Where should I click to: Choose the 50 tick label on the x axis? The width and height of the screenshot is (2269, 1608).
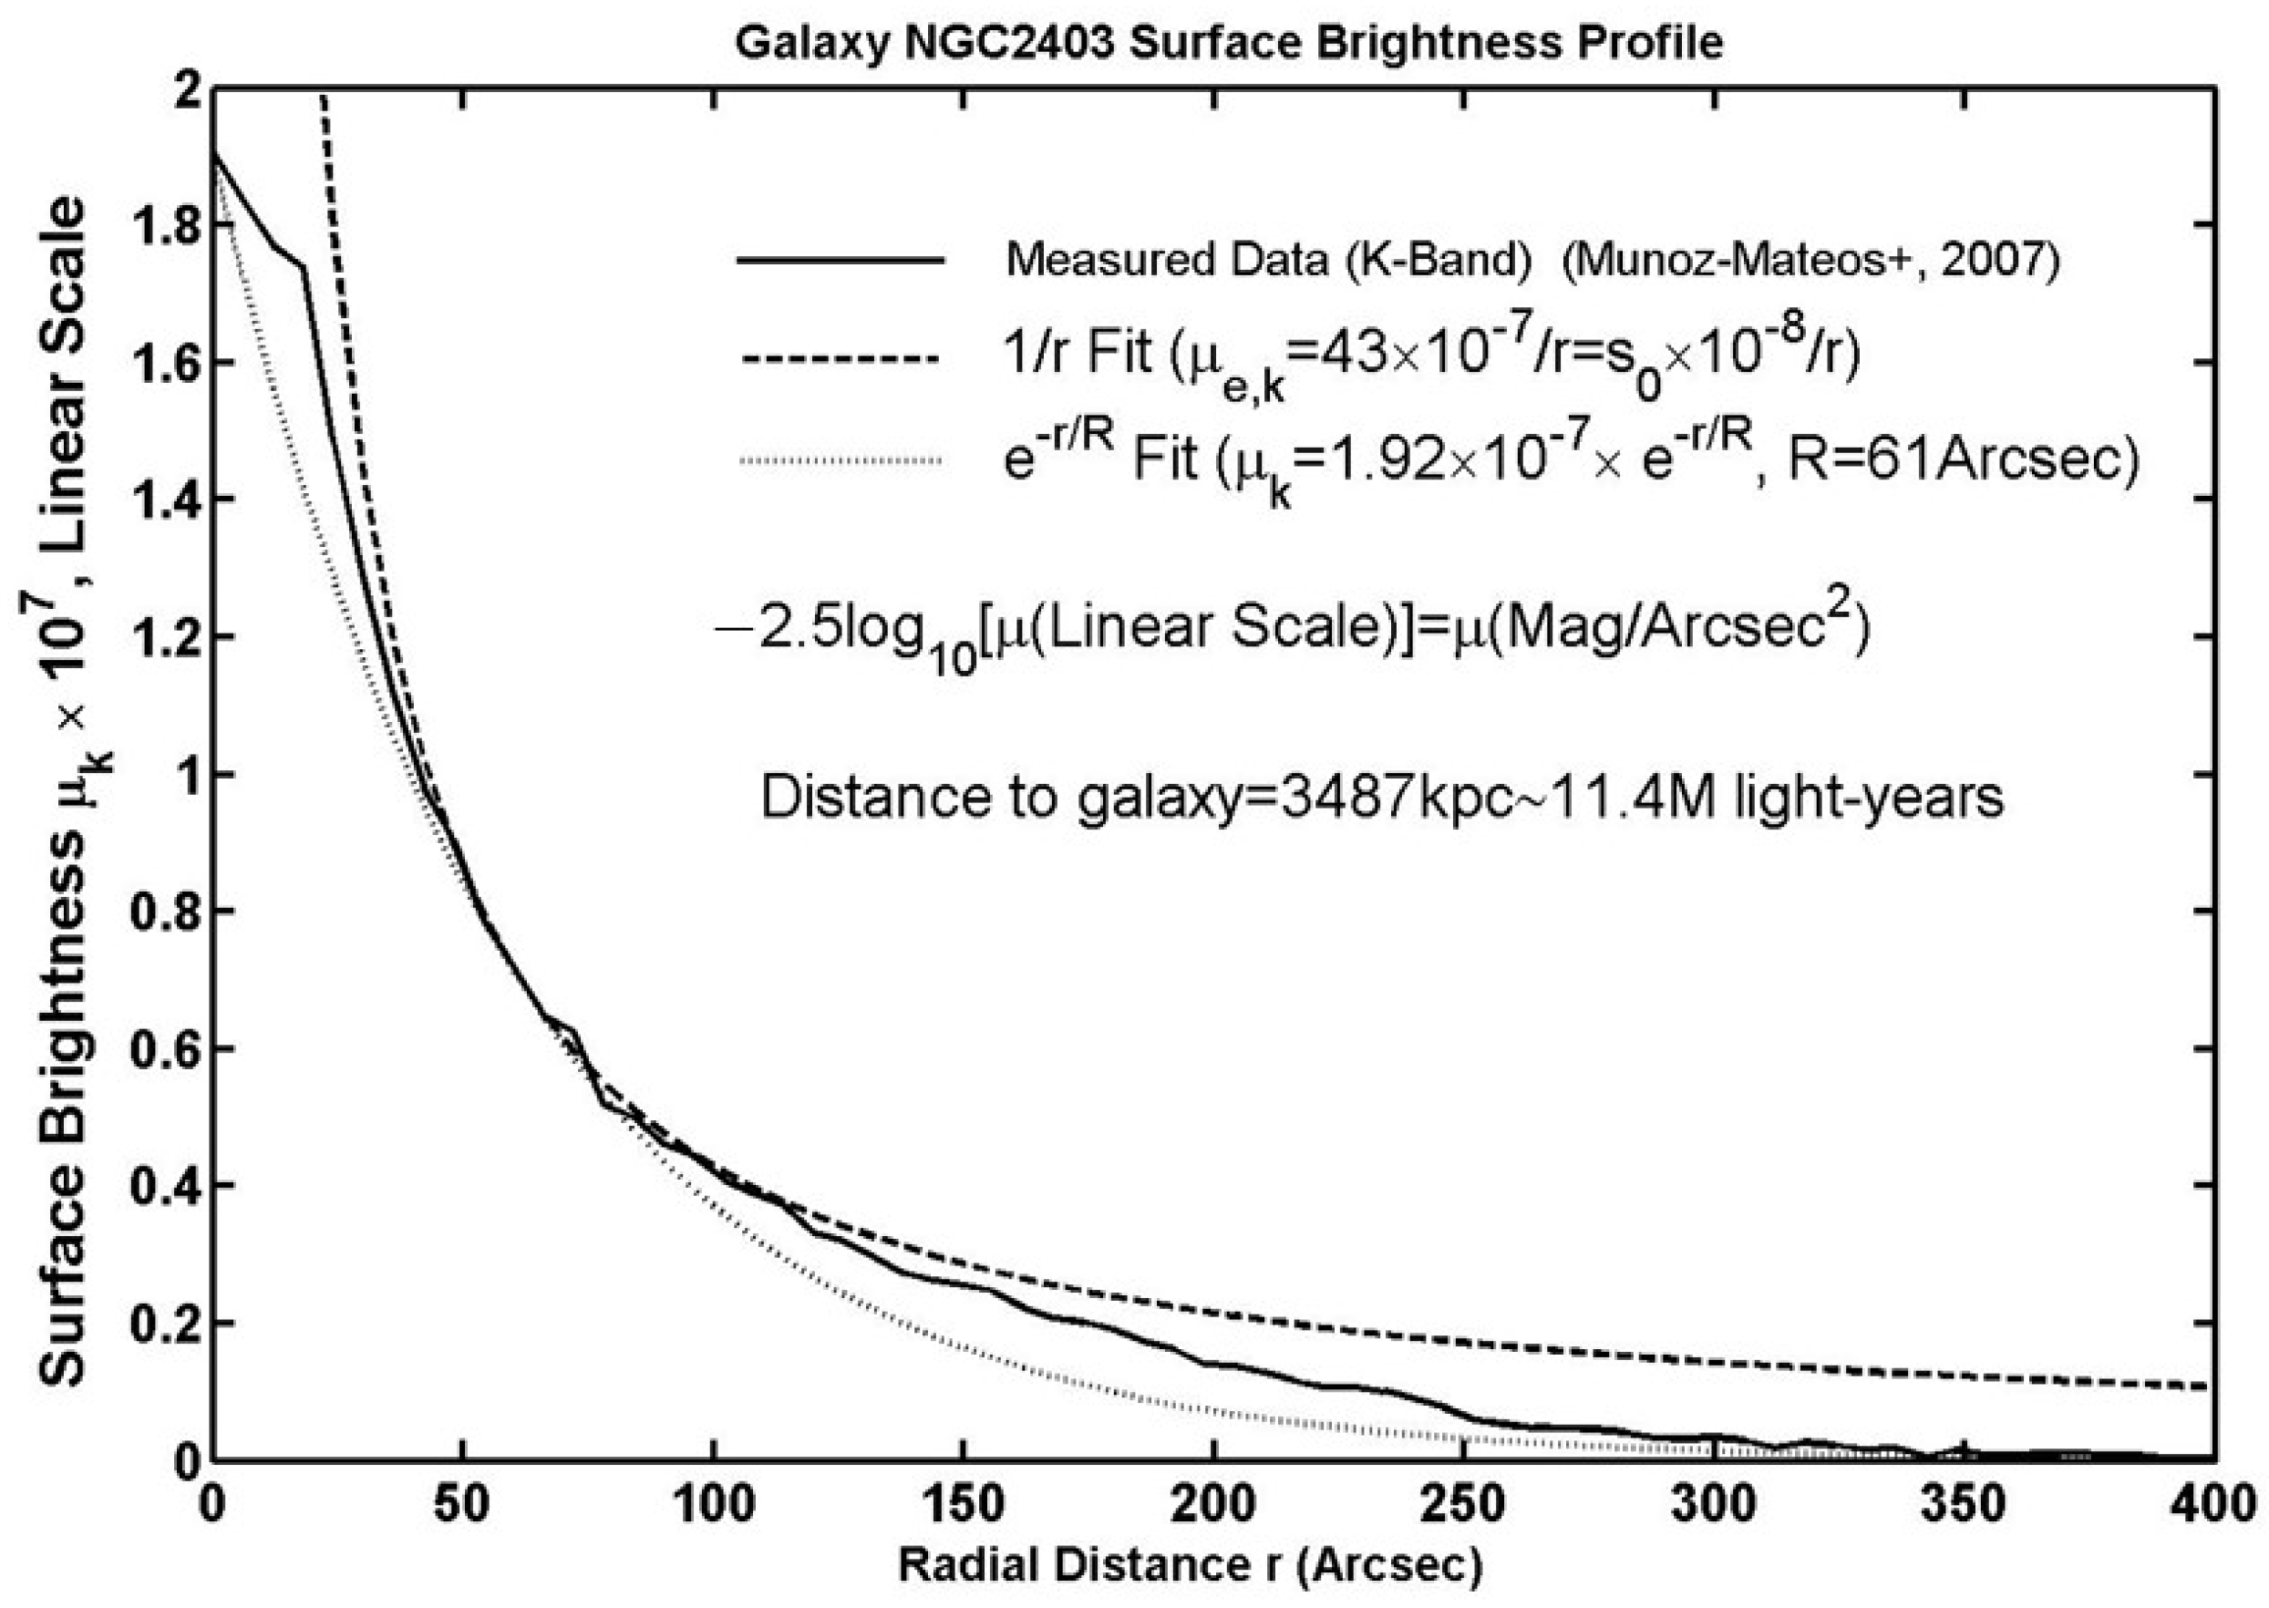point(462,1505)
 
